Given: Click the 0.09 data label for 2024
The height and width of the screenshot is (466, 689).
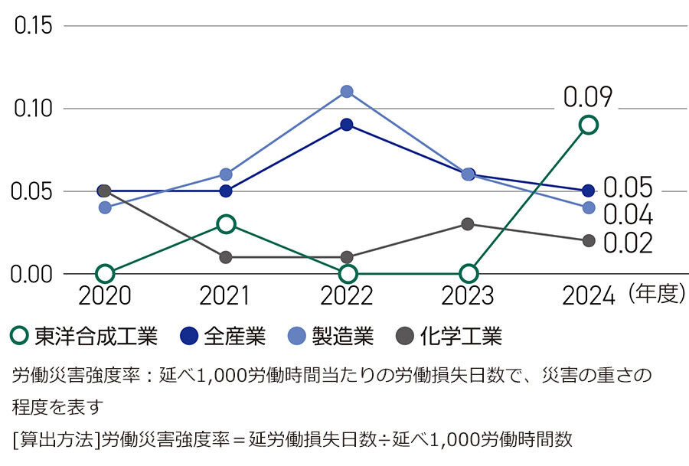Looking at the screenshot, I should tap(588, 97).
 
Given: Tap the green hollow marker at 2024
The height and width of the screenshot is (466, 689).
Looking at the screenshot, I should tap(588, 125).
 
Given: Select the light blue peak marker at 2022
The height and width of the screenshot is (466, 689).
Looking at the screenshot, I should tap(347, 92).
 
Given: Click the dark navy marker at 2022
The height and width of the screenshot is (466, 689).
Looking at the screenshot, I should tap(347, 125).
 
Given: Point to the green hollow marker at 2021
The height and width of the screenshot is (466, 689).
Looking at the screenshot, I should tap(226, 223).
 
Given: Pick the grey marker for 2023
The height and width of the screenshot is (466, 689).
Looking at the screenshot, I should tap(468, 223).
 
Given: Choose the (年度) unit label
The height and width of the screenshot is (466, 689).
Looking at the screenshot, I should tap(655, 295).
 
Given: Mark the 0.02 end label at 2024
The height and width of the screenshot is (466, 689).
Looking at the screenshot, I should tap(628, 243).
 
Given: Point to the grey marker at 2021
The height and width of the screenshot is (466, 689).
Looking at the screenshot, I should tap(226, 257).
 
